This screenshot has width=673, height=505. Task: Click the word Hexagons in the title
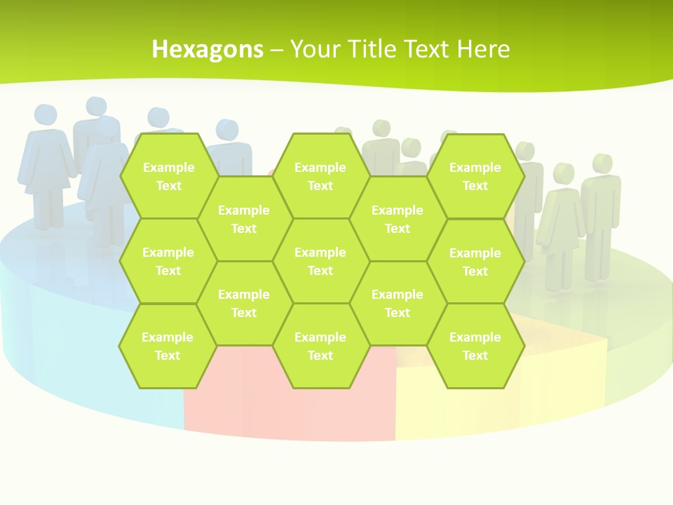pos(208,49)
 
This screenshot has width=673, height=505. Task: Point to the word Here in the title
pos(483,49)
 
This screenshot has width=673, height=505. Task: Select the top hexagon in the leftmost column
pos(168,176)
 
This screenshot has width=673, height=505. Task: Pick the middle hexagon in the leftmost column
pos(168,261)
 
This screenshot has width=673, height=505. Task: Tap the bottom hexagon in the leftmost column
pos(168,346)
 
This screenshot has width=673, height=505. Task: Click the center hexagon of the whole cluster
pos(320,261)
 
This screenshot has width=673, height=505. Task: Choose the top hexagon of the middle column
pos(320,176)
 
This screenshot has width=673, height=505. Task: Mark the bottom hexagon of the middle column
pos(320,346)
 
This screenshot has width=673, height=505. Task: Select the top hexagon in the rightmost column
pos(475,176)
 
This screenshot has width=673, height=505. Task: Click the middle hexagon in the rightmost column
pos(475,262)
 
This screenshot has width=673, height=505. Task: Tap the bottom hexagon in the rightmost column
pos(475,346)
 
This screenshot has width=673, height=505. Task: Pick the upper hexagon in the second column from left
pos(244,219)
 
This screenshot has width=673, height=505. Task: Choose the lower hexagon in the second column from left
pos(244,303)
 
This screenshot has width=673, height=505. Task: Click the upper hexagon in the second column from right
pos(397,219)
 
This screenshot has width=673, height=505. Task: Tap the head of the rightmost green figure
pos(601,163)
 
